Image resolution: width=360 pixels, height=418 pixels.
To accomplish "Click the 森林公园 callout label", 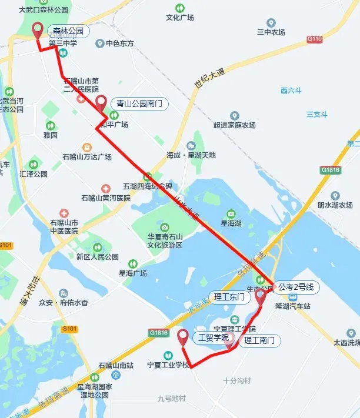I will tap(68, 31).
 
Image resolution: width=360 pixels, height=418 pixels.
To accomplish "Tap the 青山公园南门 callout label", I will tap(139, 104).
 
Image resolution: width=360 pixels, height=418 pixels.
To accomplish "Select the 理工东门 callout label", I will tap(229, 297).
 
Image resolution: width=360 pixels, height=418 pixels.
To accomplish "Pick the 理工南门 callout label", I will tap(259, 340).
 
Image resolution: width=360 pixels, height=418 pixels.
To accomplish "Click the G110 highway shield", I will tap(315, 39).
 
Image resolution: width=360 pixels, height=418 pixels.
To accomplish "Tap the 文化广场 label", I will tap(179, 18).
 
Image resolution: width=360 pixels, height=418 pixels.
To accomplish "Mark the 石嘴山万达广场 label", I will tap(87, 157).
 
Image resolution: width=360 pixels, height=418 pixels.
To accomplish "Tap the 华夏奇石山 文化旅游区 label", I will tap(165, 240).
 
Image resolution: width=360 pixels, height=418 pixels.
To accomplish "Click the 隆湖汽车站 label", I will tap(293, 306).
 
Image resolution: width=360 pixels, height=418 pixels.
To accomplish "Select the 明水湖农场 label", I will tap(335, 205).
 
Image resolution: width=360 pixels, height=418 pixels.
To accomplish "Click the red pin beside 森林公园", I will tap(38, 29).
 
